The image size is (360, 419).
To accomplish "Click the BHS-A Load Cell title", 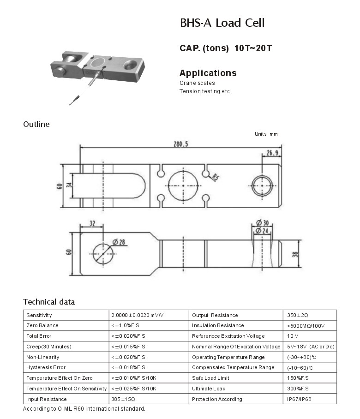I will [222, 23].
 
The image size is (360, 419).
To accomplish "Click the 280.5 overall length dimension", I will [181, 144].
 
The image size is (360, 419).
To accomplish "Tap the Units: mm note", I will [266, 134].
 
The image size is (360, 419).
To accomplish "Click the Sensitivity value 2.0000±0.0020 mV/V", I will [138, 315].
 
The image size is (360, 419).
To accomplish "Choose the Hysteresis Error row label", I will [46, 367].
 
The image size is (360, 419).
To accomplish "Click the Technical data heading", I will [49, 302].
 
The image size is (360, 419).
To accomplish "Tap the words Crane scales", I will [197, 83].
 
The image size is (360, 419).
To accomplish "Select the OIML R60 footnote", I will [84, 409].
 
